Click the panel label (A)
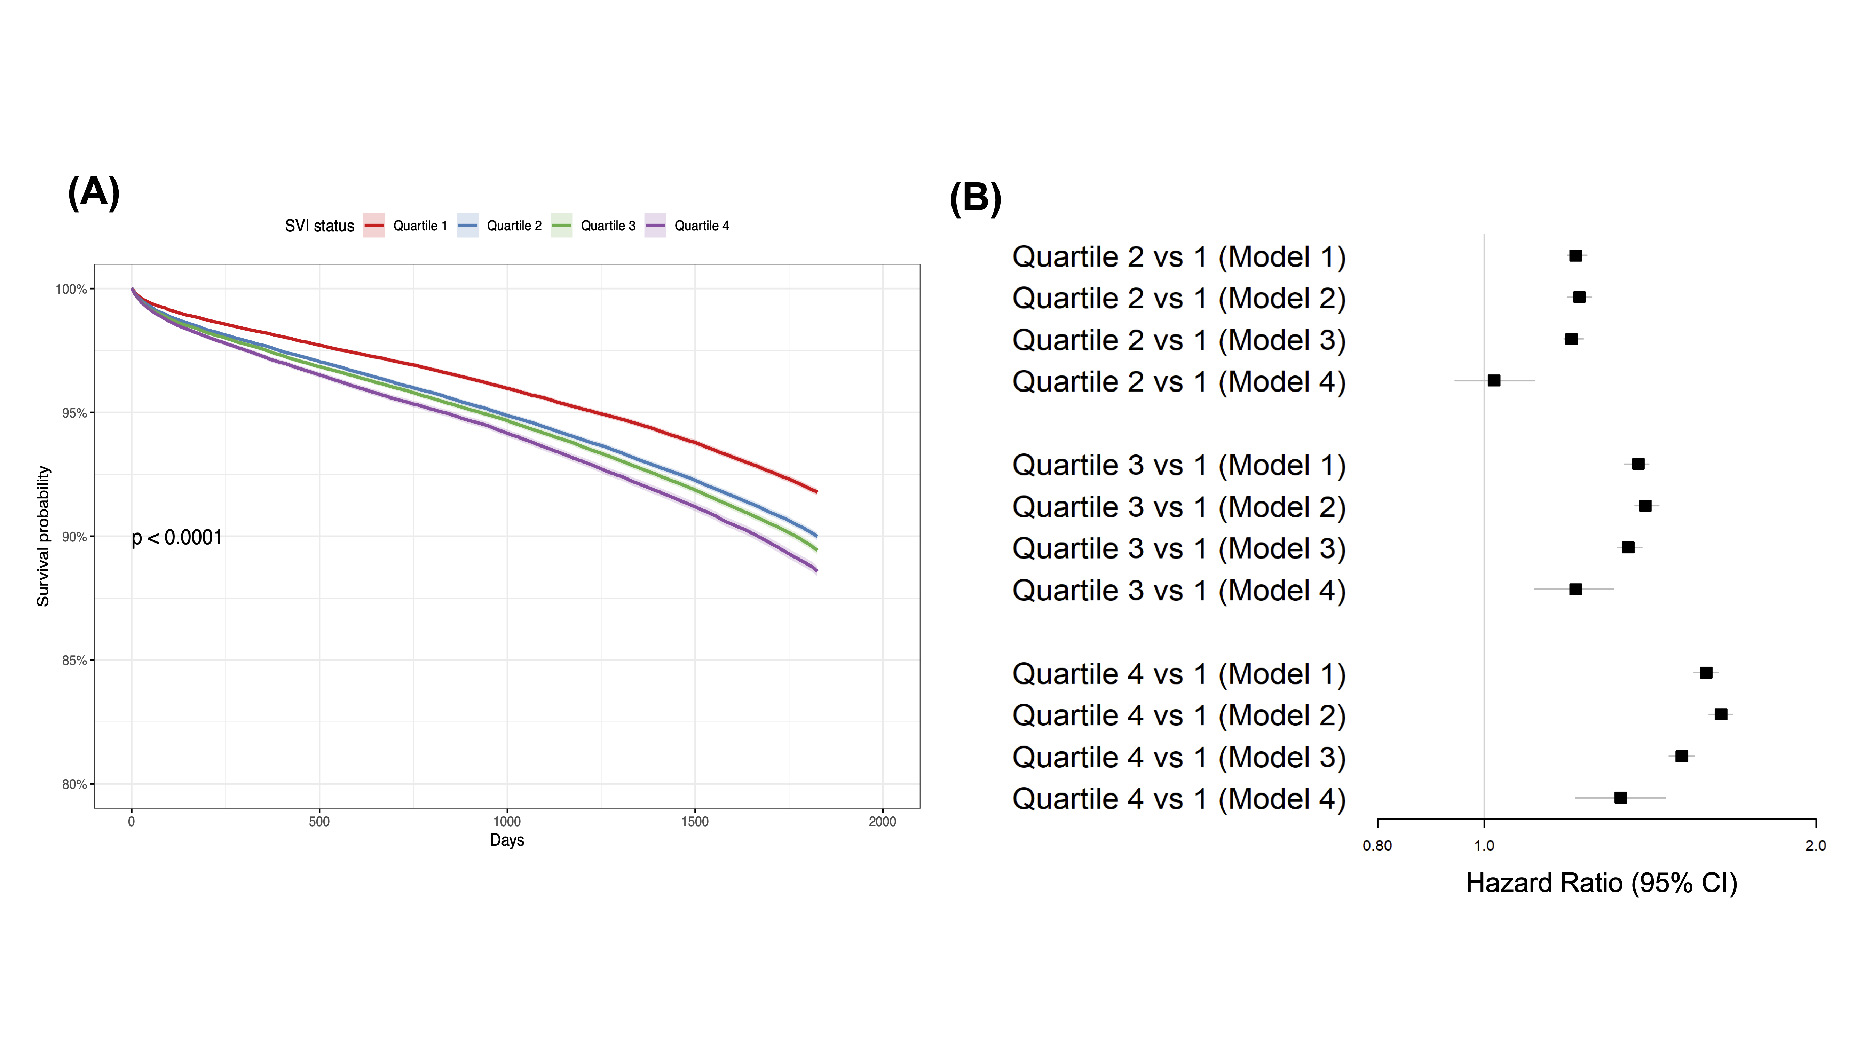[94, 193]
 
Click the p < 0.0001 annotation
[176, 538]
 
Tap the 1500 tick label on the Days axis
[695, 821]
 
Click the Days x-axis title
[506, 840]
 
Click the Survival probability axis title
[43, 536]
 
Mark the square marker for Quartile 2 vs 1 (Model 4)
[1494, 380]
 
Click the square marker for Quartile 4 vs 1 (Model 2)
[1721, 714]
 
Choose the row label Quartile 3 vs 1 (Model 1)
[1179, 465]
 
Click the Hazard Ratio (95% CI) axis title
[1601, 883]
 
